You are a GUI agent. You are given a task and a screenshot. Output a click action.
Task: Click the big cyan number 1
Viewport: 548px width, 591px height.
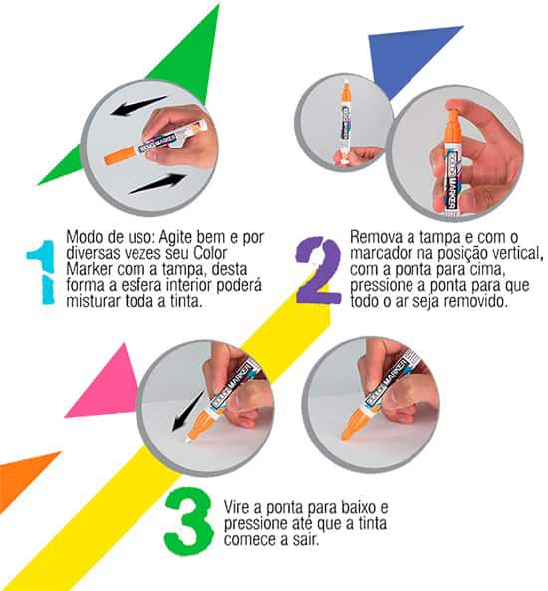pyautogui.click(x=42, y=272)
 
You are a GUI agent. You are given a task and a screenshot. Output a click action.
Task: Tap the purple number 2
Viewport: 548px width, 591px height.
pyautogui.click(x=319, y=270)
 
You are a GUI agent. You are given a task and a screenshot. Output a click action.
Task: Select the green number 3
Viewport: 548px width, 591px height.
pyautogui.click(x=188, y=522)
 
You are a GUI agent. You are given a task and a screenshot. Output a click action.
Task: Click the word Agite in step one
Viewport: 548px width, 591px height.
pyautogui.click(x=174, y=237)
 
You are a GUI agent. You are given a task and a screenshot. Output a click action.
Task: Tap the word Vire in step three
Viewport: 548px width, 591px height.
pyautogui.click(x=237, y=507)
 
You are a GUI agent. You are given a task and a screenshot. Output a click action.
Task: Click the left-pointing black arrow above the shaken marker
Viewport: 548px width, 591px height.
pyautogui.click(x=138, y=106)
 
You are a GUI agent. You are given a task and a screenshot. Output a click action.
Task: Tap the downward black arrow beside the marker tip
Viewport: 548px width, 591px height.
pyautogui.click(x=187, y=411)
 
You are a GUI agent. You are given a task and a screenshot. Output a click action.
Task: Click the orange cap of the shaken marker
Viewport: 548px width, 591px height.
pyautogui.click(x=120, y=155)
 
